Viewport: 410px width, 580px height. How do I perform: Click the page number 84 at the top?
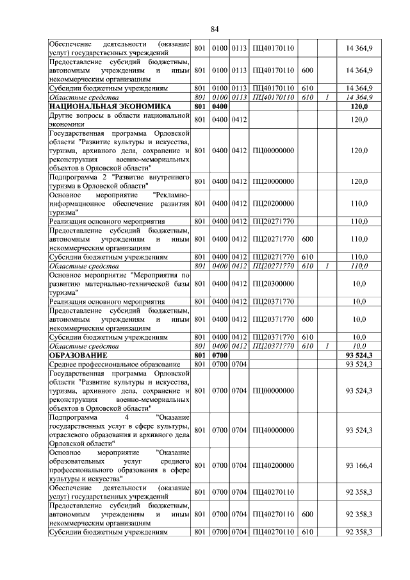(215, 29)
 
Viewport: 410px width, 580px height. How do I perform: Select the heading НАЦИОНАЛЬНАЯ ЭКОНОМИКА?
(108, 106)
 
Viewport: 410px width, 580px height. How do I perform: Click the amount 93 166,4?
(359, 466)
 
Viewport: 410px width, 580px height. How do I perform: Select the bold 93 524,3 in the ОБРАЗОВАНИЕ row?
(359, 354)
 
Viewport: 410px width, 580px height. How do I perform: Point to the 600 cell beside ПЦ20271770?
(307, 239)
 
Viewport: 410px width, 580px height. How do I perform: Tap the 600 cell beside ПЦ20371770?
(307, 319)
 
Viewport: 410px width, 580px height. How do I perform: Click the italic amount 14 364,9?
(359, 97)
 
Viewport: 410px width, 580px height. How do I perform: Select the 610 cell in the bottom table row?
(307, 532)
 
